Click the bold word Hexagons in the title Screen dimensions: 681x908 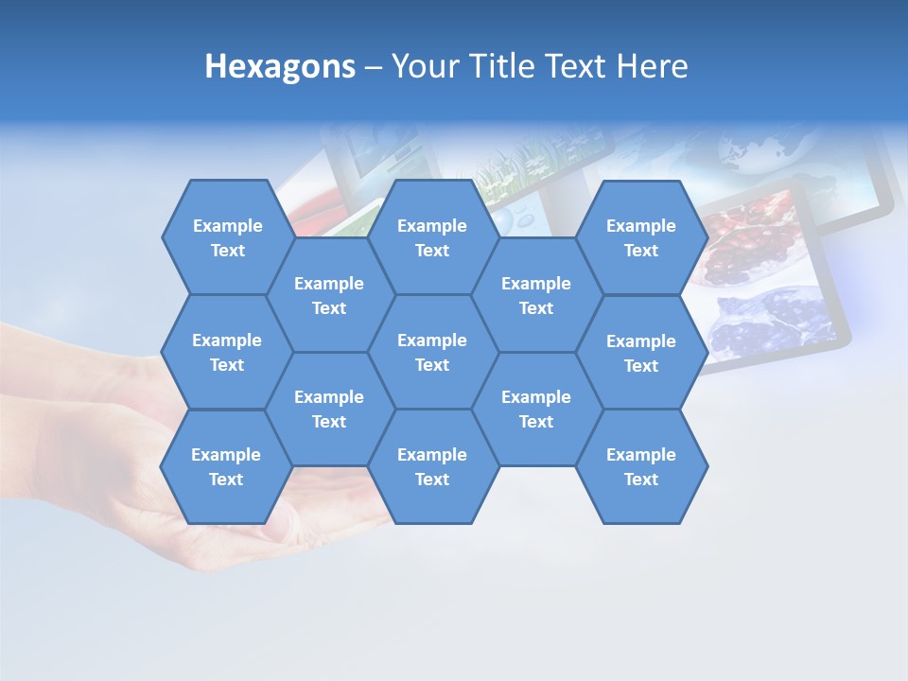pyautogui.click(x=280, y=66)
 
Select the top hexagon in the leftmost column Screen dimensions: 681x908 pyautogui.click(x=227, y=237)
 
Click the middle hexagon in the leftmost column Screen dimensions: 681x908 pyautogui.click(x=227, y=352)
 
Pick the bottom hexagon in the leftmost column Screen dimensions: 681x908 pyautogui.click(x=226, y=466)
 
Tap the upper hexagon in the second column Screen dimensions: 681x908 pyautogui.click(x=329, y=295)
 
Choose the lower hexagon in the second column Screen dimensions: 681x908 pyautogui.click(x=329, y=409)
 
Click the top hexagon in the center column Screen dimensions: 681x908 pyautogui.click(x=432, y=237)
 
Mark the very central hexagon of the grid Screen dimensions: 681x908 pyautogui.click(x=432, y=352)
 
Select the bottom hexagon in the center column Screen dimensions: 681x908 pyautogui.click(x=432, y=466)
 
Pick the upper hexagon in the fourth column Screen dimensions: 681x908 pyautogui.click(x=536, y=295)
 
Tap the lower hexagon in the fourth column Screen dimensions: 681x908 pyautogui.click(x=536, y=409)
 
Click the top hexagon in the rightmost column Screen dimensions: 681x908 pyautogui.click(x=641, y=237)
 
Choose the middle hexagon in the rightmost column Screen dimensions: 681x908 pyautogui.click(x=641, y=353)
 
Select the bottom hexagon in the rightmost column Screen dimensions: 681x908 pyautogui.click(x=641, y=466)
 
